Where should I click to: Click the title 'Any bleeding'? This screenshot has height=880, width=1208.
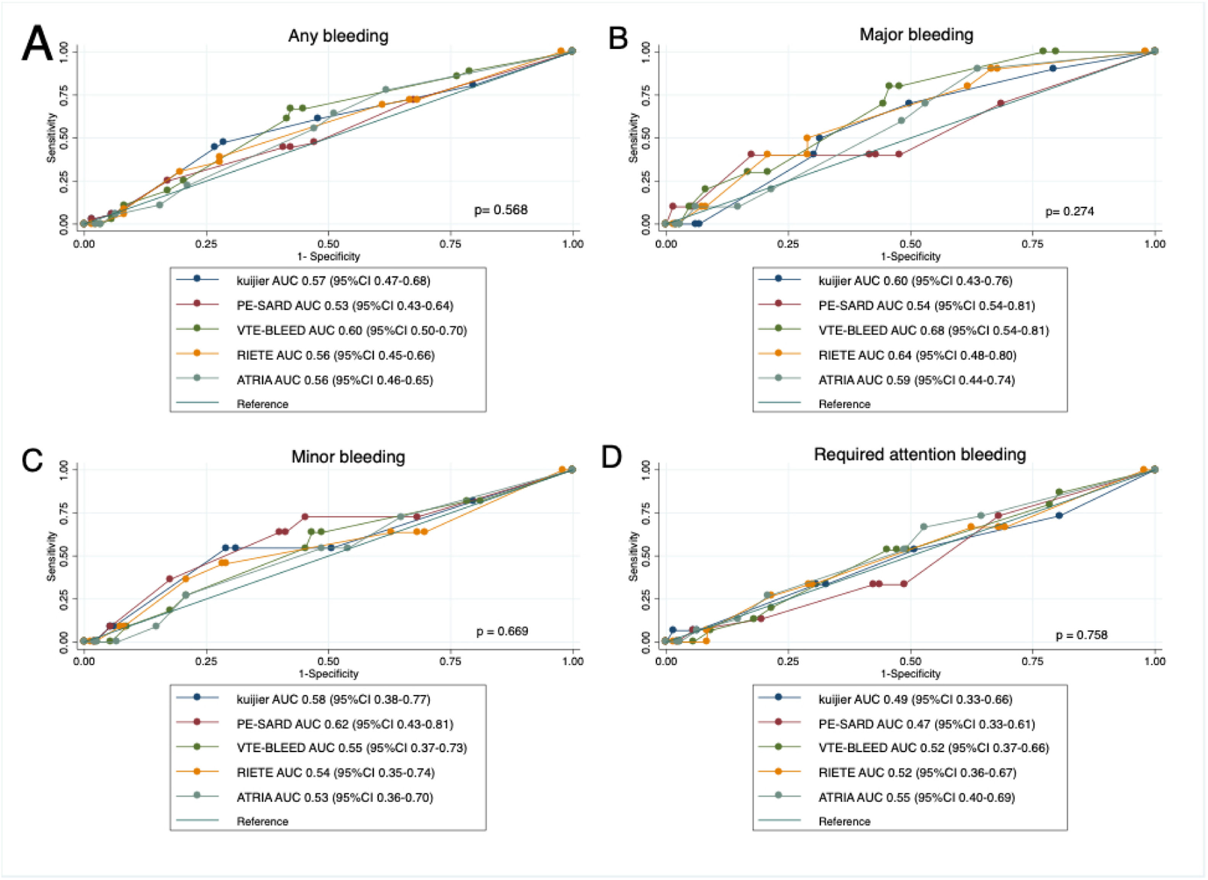tap(338, 36)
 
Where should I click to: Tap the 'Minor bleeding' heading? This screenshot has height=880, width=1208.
tap(348, 457)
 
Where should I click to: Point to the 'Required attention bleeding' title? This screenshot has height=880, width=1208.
tap(920, 455)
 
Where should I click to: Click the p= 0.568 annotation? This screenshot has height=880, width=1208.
tap(501, 210)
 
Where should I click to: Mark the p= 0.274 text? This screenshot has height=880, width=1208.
tap(1070, 212)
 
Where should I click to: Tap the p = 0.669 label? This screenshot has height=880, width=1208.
tap(502, 631)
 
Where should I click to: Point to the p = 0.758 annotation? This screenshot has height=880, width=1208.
tap(1082, 635)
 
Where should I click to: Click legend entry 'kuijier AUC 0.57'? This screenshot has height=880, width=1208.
tap(333, 281)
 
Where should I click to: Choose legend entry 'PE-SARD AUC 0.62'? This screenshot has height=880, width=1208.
tap(345, 724)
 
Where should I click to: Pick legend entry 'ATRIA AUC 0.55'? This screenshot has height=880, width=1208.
tap(917, 797)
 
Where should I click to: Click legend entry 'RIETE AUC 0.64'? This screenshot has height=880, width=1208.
tap(917, 355)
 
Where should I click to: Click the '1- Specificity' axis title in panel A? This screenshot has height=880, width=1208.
tap(328, 257)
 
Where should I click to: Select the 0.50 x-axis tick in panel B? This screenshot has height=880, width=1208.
tap(910, 244)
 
